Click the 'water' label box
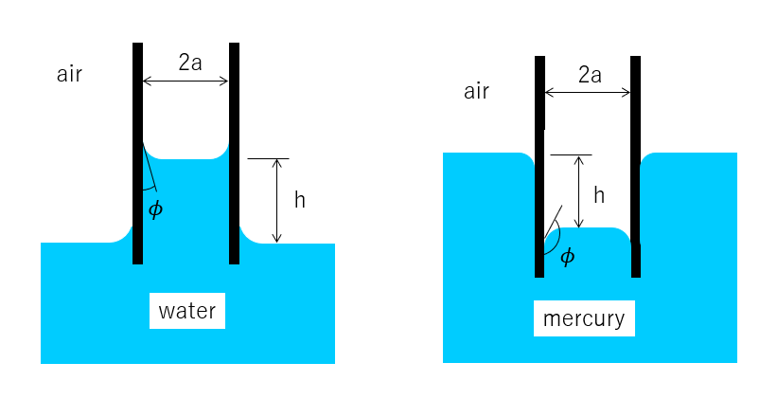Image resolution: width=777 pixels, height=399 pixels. (187, 311)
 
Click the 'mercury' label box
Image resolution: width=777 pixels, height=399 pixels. (584, 318)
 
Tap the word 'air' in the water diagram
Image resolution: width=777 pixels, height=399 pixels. (69, 75)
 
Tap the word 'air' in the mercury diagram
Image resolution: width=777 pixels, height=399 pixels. (476, 91)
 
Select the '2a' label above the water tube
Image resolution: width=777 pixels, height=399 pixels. (190, 63)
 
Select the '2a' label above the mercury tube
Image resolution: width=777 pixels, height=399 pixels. (590, 74)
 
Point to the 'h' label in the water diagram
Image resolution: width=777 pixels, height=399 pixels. (300, 200)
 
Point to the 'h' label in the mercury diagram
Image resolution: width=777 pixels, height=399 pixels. (598, 195)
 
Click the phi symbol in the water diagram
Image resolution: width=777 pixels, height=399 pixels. (155, 209)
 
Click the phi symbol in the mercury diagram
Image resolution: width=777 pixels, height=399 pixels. (567, 256)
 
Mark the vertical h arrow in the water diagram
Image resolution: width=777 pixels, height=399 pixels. (276, 201)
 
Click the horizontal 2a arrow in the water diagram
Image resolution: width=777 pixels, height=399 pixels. (185, 82)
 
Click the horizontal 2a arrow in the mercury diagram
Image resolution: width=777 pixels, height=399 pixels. (588, 93)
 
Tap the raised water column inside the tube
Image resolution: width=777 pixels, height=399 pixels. (186, 204)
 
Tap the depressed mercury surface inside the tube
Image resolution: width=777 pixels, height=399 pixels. (587, 231)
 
